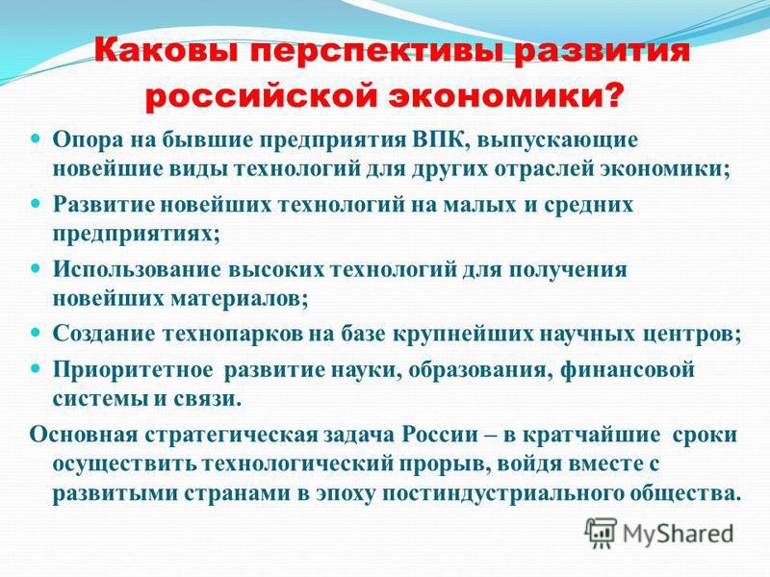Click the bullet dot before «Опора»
point(38,139)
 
